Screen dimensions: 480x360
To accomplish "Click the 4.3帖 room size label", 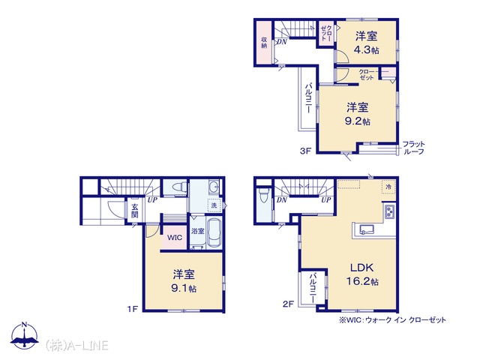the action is coord(367,50).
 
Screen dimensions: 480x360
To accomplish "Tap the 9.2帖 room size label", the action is coord(358,121).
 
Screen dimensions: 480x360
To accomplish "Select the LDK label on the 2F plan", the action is coord(361,268).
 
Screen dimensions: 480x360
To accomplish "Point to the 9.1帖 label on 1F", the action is coord(184,288).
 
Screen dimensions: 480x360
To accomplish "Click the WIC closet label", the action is coord(175,237).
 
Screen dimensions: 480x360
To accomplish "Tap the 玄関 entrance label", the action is coord(135,211).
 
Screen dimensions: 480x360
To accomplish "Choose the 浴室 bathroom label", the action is coord(198,231).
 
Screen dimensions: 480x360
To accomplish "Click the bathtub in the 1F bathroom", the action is coord(215,233).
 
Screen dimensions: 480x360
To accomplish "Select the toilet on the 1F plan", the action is coord(180,187).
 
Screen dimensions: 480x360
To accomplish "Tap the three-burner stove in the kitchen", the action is coord(390,211).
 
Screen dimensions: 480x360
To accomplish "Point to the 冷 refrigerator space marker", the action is coord(388,187).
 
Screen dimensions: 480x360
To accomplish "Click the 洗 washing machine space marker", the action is coord(214,205).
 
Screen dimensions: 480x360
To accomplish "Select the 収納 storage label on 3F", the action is coord(264,43).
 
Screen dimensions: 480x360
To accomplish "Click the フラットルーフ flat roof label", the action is coord(413,148).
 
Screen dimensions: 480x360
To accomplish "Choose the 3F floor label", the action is coord(305,151).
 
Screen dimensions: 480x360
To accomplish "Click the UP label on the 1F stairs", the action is coord(152,200).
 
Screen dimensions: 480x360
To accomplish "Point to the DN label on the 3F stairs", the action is coord(282,42).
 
